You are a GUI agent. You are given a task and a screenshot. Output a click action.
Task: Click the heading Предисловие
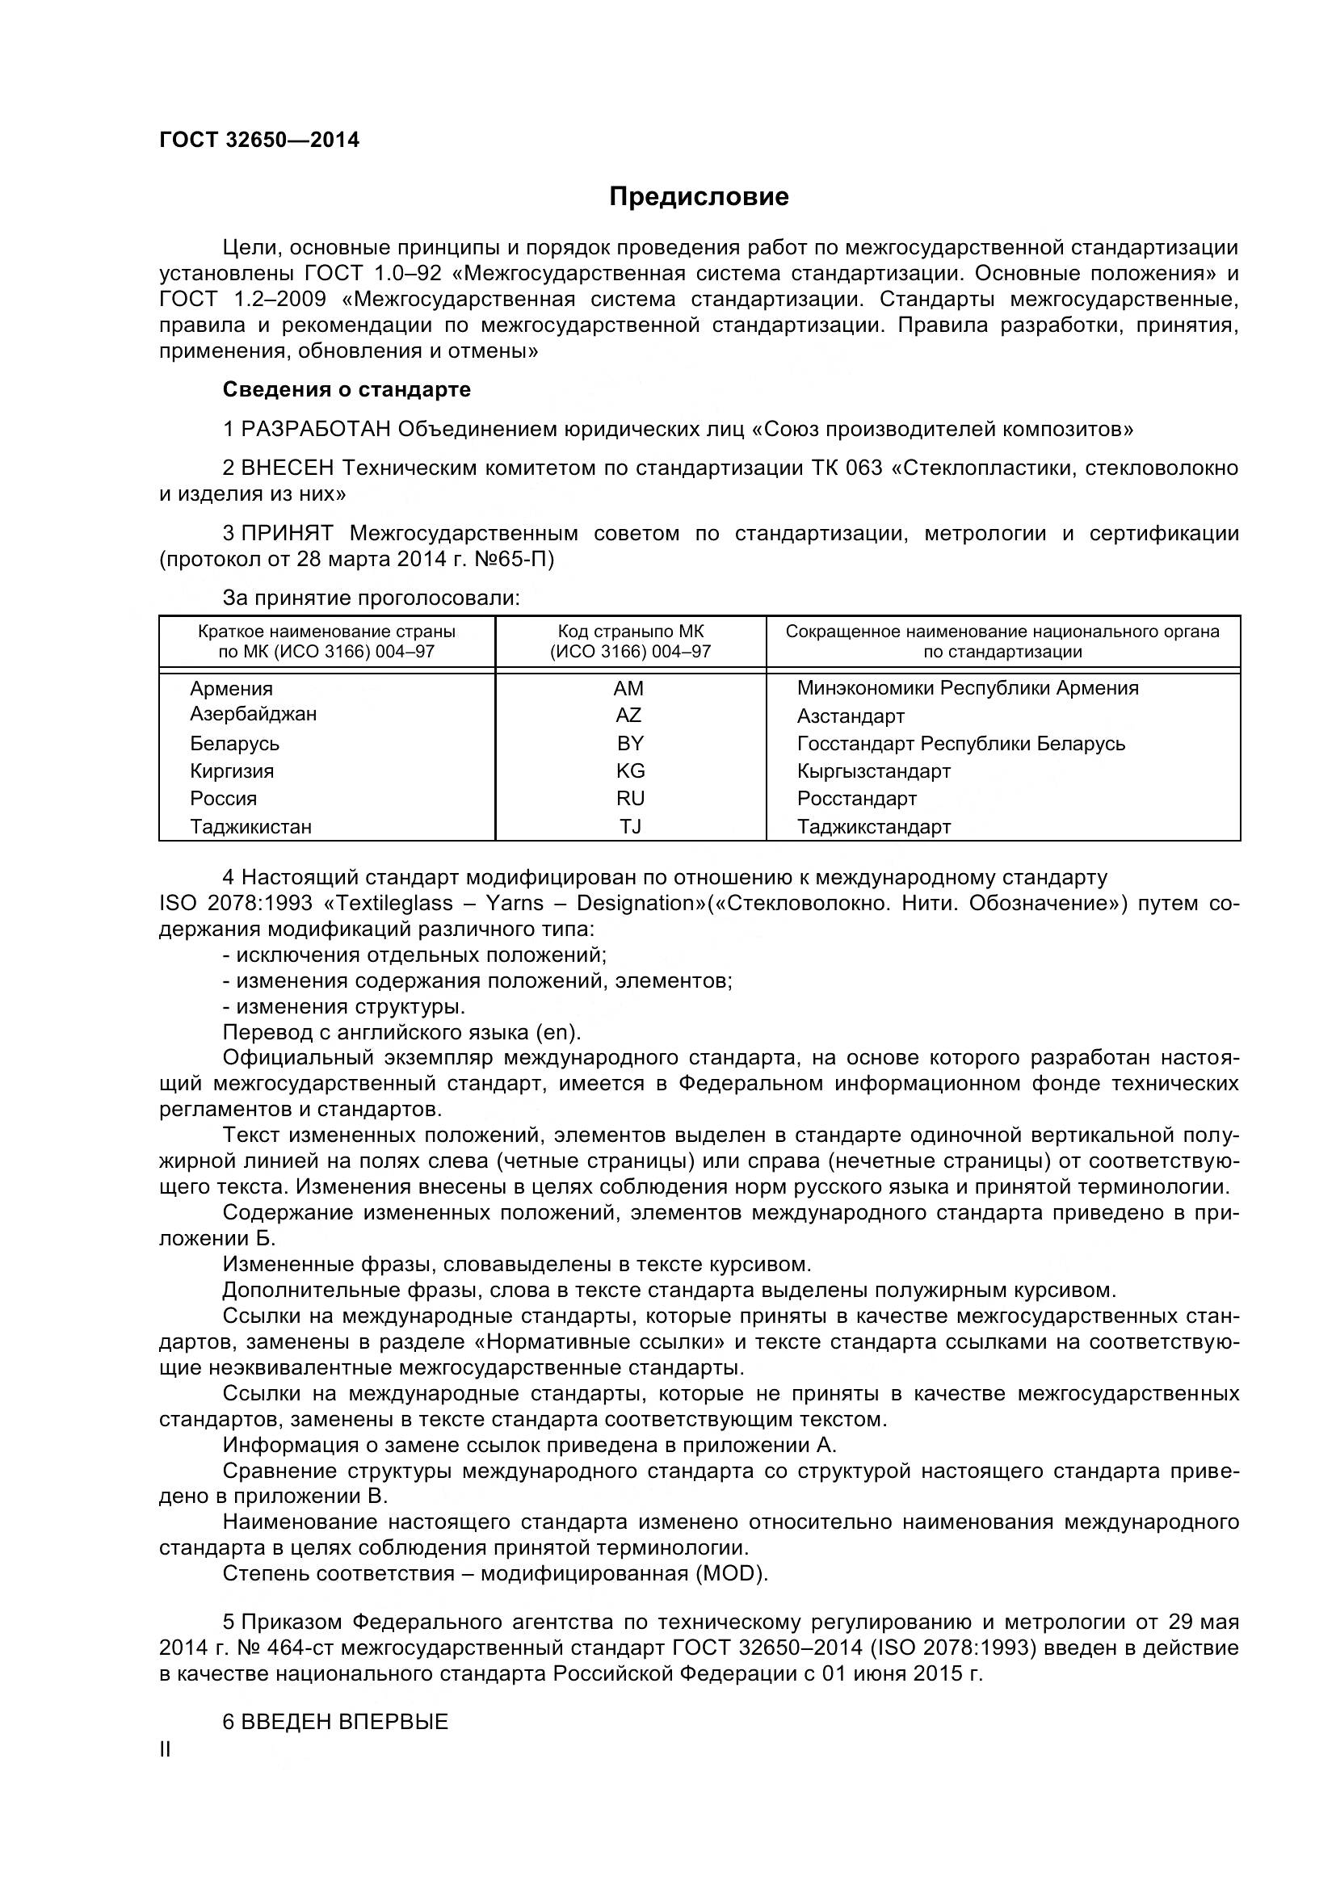[x=699, y=196]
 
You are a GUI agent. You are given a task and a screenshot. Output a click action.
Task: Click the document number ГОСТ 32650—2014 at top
[x=259, y=140]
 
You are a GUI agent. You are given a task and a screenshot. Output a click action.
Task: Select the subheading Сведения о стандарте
[x=347, y=389]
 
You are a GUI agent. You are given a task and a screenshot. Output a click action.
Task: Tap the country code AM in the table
[x=628, y=688]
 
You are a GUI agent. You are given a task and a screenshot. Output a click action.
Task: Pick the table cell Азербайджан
[x=253, y=713]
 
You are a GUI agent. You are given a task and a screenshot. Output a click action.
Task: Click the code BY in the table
[x=630, y=743]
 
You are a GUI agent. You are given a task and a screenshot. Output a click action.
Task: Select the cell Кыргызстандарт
[x=874, y=771]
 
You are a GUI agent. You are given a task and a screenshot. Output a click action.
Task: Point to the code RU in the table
[x=630, y=798]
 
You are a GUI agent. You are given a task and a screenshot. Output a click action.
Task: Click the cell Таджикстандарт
[x=874, y=827]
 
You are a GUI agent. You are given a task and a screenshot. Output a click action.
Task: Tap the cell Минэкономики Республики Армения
[x=968, y=688]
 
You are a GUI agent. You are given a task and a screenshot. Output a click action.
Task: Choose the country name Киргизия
[x=232, y=771]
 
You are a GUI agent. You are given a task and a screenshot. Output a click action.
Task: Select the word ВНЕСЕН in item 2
[x=288, y=468]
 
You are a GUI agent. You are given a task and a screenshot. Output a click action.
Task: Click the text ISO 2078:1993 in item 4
[x=235, y=904]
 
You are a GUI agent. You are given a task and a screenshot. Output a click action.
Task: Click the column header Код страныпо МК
[x=630, y=632]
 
